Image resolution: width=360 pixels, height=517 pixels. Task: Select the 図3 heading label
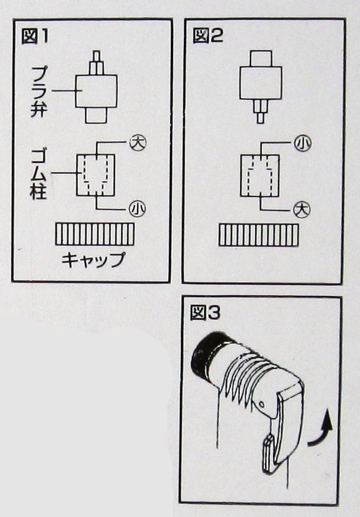205,314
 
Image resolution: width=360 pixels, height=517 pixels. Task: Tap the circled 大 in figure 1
137,143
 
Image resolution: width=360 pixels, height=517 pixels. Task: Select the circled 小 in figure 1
137,208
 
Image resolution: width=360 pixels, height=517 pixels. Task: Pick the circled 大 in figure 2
302,210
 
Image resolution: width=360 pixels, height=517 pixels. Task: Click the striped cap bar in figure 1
95,234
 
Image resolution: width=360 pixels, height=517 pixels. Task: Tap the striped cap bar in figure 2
258,235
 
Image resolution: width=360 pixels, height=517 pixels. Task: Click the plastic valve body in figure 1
96,91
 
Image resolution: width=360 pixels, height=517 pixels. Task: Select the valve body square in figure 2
260,82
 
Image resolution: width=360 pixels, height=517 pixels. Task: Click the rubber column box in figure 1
95,175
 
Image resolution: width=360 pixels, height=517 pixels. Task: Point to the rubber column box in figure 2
260,175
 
